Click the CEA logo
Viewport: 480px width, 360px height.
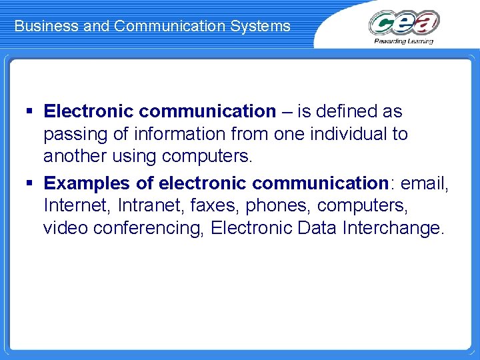click(404, 23)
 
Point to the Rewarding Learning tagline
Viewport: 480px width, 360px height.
click(404, 41)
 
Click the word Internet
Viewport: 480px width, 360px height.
click(74, 205)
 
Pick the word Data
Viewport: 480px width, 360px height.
click(317, 228)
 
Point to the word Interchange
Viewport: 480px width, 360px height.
click(393, 228)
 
